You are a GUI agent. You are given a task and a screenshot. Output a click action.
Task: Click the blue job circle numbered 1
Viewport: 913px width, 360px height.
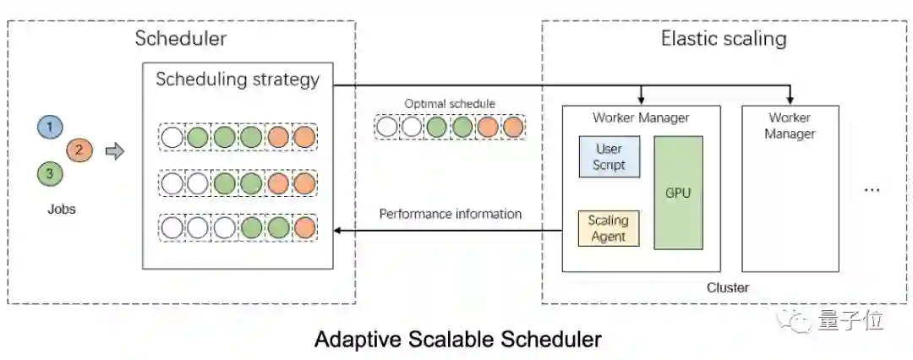pos(49,127)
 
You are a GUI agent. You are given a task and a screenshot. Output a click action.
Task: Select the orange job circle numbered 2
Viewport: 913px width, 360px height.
pos(79,150)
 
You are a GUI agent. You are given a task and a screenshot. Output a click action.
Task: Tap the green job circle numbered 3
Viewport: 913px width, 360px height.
pos(49,174)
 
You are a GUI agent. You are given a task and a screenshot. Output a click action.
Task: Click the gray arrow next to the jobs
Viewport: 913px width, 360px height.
pos(114,151)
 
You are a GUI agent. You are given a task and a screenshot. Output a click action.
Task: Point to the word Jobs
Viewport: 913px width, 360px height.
pos(61,209)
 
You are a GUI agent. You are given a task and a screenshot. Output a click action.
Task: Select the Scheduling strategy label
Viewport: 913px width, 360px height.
pos(238,79)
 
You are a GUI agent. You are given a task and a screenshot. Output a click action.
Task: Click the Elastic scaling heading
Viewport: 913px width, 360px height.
pos(724,38)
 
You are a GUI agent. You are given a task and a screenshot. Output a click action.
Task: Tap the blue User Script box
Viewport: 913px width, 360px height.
pos(609,156)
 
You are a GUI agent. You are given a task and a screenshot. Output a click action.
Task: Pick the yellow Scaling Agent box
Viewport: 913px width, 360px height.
pos(609,227)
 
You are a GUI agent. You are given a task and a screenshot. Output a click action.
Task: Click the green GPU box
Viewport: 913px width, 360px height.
pos(678,193)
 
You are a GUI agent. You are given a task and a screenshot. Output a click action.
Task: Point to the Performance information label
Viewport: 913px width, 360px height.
pos(450,214)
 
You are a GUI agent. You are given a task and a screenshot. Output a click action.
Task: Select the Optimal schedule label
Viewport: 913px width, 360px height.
pos(450,104)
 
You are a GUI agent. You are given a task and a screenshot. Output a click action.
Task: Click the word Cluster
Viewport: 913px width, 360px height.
pos(728,287)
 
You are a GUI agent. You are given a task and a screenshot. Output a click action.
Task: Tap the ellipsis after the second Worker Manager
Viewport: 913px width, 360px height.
pos(872,191)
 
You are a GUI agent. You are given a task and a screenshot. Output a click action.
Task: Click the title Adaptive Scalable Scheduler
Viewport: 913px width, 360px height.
pos(457,340)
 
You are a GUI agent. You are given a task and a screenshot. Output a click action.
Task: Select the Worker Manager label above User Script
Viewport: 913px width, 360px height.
pos(641,117)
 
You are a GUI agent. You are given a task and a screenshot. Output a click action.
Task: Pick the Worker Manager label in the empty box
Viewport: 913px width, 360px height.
pos(790,125)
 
